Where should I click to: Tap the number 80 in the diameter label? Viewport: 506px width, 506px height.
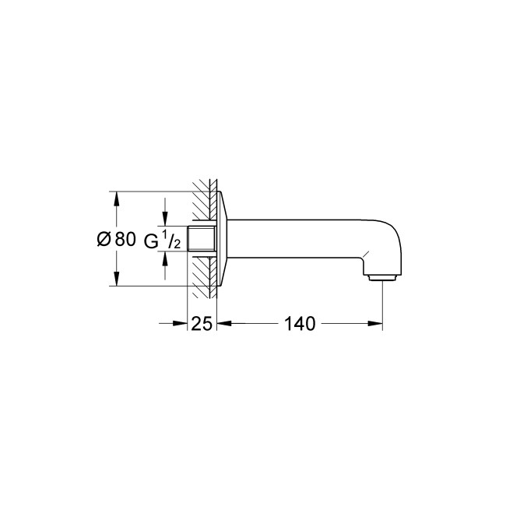click(x=125, y=240)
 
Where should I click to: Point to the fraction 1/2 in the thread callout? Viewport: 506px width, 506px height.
click(x=173, y=240)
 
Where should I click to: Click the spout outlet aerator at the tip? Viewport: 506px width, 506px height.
click(x=381, y=278)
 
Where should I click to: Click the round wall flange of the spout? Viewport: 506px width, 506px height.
click(x=222, y=240)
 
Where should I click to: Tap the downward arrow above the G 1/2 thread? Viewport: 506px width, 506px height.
click(x=164, y=219)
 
